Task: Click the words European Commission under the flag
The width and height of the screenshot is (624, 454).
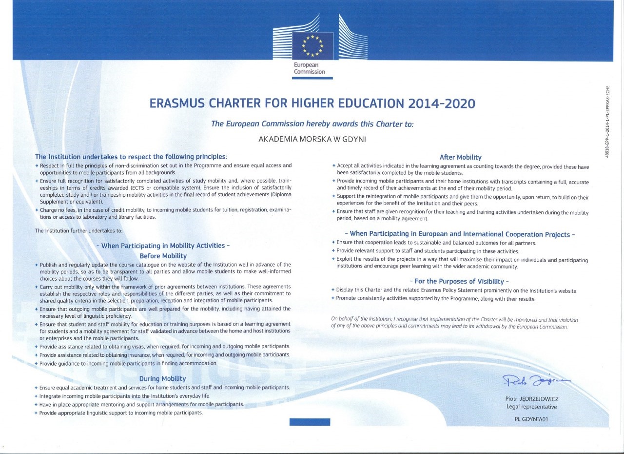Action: point(309,68)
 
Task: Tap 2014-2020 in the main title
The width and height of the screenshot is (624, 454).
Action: point(439,103)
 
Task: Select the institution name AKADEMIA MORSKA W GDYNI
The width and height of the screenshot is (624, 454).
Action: point(312,139)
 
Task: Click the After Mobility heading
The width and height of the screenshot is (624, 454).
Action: point(460,157)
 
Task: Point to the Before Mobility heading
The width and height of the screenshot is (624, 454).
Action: point(163,256)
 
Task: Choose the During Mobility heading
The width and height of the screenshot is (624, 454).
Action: point(162,378)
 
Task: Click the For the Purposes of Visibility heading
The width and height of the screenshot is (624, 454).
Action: point(460,281)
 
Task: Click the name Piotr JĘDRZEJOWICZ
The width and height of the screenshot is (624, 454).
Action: point(531,399)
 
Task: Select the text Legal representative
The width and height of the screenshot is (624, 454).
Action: point(531,407)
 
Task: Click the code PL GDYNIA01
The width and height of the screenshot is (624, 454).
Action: point(531,419)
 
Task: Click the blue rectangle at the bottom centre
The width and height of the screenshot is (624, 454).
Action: point(310,422)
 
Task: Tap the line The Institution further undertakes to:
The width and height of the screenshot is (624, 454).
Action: point(78,230)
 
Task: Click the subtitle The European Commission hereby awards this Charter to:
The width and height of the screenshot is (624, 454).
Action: point(312,124)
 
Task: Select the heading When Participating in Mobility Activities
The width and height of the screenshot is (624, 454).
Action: point(163,246)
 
